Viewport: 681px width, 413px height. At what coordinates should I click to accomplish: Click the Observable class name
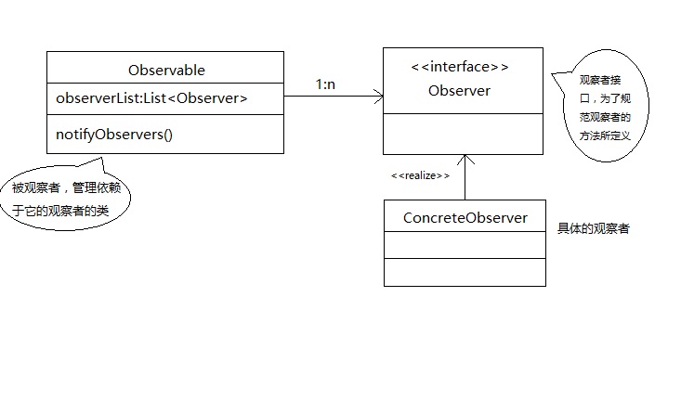(x=167, y=70)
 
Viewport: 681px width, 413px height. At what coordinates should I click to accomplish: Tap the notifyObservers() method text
(x=115, y=134)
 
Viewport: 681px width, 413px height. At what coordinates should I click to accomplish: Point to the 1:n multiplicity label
(x=325, y=84)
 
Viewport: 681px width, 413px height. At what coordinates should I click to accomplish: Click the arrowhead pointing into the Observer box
(x=379, y=95)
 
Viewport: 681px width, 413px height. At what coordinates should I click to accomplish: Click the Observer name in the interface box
(x=459, y=91)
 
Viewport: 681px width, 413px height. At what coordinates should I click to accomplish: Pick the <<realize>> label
(x=420, y=174)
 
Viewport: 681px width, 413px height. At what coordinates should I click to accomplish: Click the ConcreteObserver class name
(x=465, y=218)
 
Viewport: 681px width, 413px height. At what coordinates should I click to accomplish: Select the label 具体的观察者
(x=593, y=228)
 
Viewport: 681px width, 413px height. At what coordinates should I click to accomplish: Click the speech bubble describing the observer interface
(x=600, y=114)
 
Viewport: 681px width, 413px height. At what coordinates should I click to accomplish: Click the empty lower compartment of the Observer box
(x=463, y=133)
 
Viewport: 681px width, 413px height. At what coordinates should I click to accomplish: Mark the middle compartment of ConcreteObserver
(x=465, y=245)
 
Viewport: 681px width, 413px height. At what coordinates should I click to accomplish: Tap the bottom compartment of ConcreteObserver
(x=465, y=272)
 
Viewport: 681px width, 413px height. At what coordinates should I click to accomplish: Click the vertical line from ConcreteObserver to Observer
(x=465, y=181)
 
